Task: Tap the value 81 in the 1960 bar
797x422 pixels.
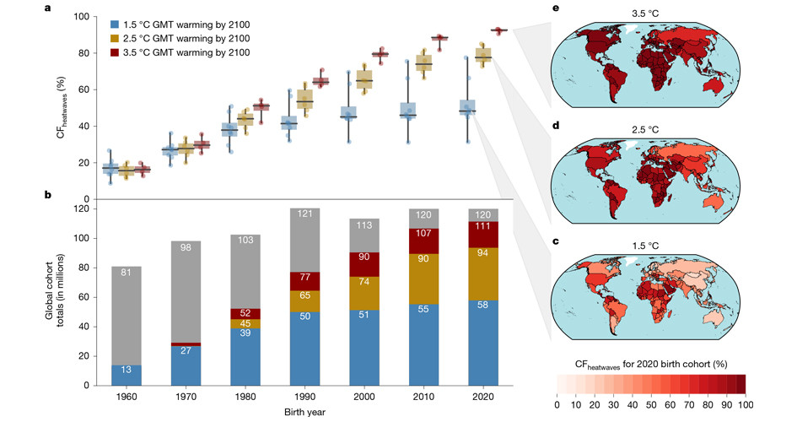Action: point(127,273)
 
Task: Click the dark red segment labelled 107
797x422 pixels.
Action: point(424,232)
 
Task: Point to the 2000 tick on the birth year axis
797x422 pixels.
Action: point(364,395)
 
